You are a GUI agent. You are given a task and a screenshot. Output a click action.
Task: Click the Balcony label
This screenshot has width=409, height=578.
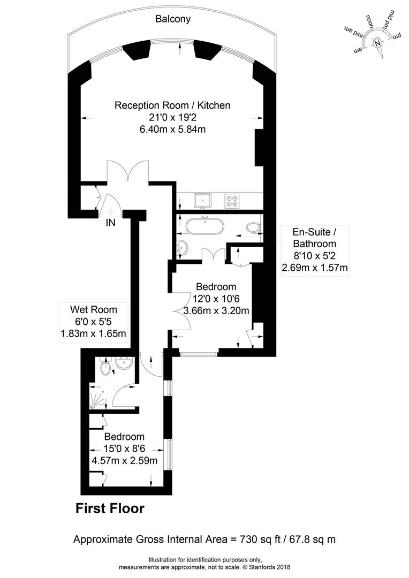click(172, 19)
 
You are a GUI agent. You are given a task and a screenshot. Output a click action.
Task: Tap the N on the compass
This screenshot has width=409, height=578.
click(377, 43)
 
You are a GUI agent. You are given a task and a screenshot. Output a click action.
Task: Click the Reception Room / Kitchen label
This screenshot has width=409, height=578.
click(172, 105)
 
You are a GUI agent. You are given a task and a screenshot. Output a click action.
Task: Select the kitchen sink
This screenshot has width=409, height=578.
click(202, 200)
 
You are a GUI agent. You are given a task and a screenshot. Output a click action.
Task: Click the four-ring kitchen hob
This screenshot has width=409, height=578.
click(232, 201)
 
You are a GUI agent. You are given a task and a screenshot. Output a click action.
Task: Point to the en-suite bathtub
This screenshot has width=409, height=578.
click(205, 226)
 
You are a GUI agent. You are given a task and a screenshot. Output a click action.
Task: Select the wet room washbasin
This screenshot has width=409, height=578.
click(124, 363)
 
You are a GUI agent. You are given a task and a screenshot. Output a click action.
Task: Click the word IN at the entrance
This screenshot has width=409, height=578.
click(111, 223)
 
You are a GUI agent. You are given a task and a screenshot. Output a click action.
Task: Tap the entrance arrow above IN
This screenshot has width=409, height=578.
click(110, 211)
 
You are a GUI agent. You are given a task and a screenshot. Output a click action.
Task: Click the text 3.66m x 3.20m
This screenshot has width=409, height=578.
click(216, 311)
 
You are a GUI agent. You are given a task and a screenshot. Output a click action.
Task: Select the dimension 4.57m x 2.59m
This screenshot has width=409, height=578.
click(125, 461)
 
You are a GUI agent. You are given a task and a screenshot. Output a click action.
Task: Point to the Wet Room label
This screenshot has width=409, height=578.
click(94, 310)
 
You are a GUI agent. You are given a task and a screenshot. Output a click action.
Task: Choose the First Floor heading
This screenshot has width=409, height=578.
click(110, 509)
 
